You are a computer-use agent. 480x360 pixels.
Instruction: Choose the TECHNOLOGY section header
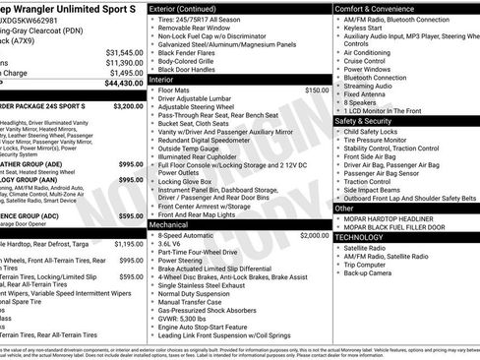point(361,237)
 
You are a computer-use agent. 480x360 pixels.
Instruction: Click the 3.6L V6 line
point(181,246)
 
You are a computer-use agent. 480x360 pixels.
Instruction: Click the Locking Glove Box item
point(193,181)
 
